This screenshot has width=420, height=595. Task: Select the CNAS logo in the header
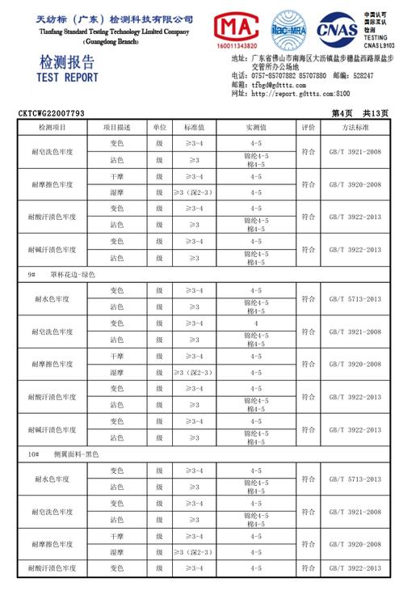pos(339,31)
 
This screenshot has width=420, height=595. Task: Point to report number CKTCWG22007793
pos(51,114)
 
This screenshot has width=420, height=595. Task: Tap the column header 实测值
pos(256,128)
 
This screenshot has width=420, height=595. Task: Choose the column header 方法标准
pos(355,128)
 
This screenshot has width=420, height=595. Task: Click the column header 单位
pos(160,128)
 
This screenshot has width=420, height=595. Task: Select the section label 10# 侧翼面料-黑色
pos(64,455)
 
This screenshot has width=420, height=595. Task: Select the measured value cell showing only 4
pos(256,323)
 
